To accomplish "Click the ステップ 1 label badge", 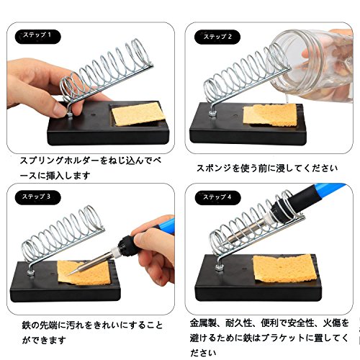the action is click(38, 36).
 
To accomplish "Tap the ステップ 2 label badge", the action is click(217, 37).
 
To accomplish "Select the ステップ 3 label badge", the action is click(38, 197).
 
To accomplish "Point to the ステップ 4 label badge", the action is click(217, 197).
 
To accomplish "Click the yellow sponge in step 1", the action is click(139, 113).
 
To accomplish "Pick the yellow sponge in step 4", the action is click(285, 269).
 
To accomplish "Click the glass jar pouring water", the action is click(312, 65).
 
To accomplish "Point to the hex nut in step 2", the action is click(212, 113).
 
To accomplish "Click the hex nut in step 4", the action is click(220, 267).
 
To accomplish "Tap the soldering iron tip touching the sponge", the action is click(70, 274).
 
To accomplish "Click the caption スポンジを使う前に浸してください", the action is click(267, 168).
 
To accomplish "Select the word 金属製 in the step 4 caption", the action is click(203, 323).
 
